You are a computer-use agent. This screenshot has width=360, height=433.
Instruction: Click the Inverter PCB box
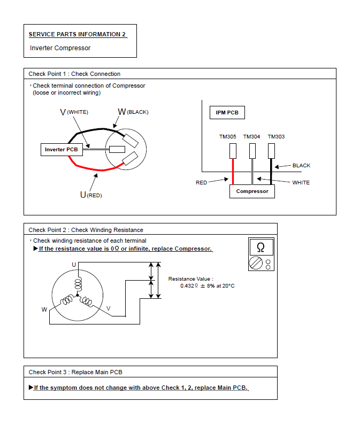(x=62, y=150)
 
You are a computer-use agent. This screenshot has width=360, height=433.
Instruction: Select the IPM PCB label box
(x=227, y=113)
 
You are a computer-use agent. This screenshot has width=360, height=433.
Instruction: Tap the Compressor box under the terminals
(x=252, y=191)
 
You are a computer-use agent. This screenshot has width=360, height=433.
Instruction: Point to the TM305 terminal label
(x=228, y=137)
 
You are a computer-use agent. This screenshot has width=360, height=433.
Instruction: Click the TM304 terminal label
(x=251, y=137)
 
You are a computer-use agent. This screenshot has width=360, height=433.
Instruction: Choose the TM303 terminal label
(x=276, y=137)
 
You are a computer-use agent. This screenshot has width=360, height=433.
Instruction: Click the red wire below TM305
(x=233, y=171)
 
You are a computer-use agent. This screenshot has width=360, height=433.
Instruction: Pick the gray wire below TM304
(x=252, y=171)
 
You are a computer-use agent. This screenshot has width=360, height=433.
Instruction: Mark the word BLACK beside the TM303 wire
(x=301, y=166)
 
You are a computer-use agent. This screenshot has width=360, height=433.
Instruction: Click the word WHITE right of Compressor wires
(x=301, y=183)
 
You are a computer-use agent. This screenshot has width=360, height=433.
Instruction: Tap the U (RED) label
(x=91, y=195)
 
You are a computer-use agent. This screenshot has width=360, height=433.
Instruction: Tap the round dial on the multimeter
(x=256, y=264)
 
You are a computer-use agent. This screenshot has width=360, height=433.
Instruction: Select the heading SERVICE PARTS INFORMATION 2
(x=78, y=34)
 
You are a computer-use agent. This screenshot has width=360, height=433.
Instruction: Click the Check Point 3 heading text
(x=75, y=372)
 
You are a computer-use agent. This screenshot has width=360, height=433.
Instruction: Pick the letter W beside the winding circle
(x=44, y=310)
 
